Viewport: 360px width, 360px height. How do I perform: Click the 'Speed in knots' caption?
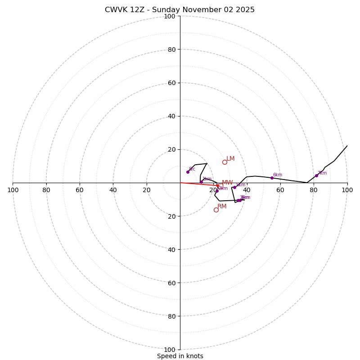(180, 356)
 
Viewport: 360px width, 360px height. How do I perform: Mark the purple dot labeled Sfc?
(188, 172)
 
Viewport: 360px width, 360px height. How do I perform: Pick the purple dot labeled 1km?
(201, 182)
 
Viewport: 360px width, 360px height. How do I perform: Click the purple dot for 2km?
(217, 191)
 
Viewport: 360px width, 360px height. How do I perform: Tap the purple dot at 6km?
(272, 178)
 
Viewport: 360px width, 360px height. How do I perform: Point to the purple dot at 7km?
(316, 175)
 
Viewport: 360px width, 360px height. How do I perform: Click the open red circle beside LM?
(225, 162)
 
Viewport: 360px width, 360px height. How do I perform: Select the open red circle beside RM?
(216, 210)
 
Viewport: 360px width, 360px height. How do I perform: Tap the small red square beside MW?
(220, 186)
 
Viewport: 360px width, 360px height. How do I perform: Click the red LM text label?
(230, 159)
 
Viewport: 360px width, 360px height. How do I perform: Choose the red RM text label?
(222, 207)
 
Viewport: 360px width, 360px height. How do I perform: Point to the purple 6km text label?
(278, 175)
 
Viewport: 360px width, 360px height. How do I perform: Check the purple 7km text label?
(322, 173)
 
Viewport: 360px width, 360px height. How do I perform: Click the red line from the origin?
(198, 184)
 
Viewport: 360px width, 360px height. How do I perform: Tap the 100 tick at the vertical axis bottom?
(169, 350)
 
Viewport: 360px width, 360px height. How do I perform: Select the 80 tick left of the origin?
(46, 190)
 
